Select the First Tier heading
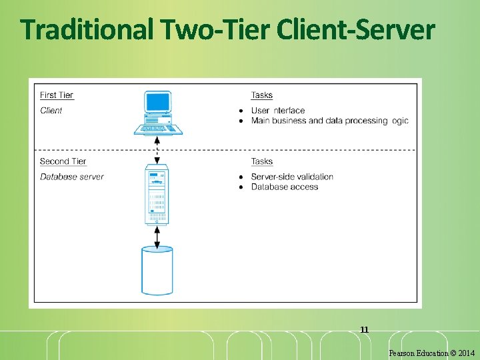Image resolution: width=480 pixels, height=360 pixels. point(57,95)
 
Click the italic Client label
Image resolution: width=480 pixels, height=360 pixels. point(51,111)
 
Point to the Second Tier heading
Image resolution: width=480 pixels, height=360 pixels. point(63,161)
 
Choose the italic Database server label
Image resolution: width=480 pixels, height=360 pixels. point(72,177)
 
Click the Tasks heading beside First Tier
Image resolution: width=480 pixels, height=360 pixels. point(261,95)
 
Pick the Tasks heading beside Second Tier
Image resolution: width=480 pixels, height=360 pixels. point(261,161)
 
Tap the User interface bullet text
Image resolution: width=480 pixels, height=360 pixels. point(278,111)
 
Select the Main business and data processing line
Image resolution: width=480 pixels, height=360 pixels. point(329,121)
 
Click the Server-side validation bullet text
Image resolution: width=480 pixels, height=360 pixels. point(292,177)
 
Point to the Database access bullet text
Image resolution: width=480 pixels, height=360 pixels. point(285,187)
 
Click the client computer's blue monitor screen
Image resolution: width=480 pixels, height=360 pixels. point(158,102)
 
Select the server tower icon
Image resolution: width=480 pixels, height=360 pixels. point(157,197)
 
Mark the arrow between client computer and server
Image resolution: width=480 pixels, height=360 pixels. point(157,151)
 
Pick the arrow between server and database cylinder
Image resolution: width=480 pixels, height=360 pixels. point(157,236)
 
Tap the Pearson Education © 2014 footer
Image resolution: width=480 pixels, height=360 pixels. point(432,353)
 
